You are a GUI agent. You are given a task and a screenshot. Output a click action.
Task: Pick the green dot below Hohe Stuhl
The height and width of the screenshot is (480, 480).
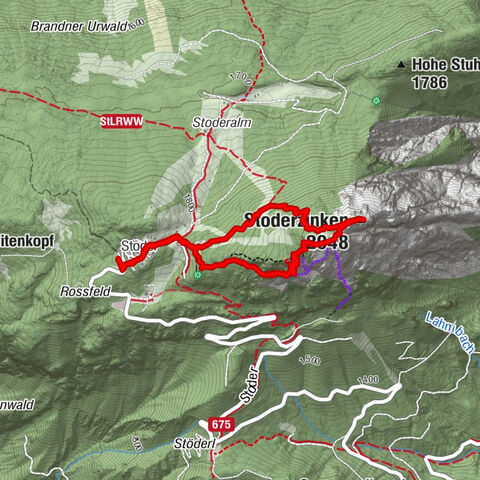pyautogui.click(x=377, y=100)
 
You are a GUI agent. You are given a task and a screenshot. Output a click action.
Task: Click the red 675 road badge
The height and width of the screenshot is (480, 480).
pyautogui.click(x=222, y=423)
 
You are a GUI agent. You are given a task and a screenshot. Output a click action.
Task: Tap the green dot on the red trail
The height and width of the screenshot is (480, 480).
pyautogui.click(x=198, y=273)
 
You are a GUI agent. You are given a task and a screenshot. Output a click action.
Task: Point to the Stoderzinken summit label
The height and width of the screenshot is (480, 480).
pyautogui.click(x=296, y=220)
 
